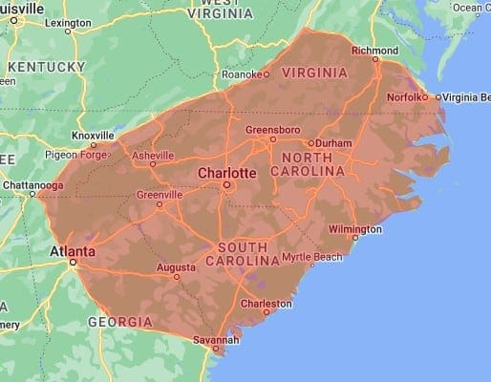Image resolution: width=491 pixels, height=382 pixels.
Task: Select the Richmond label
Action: [x=374, y=50]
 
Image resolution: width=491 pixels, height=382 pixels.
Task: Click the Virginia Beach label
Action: [x=467, y=97]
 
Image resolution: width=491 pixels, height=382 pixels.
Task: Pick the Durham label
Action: [x=333, y=143]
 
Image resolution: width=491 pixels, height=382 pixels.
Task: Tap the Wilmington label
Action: [x=354, y=229]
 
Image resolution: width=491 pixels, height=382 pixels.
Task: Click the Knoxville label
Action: [x=94, y=136]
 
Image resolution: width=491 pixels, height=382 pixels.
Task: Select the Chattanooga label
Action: [x=32, y=184]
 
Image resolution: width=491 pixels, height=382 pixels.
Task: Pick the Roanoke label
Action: [x=239, y=74]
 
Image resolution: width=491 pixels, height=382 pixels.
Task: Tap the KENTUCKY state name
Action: [x=48, y=67]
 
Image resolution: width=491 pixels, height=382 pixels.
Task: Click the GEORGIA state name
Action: [x=119, y=322]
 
